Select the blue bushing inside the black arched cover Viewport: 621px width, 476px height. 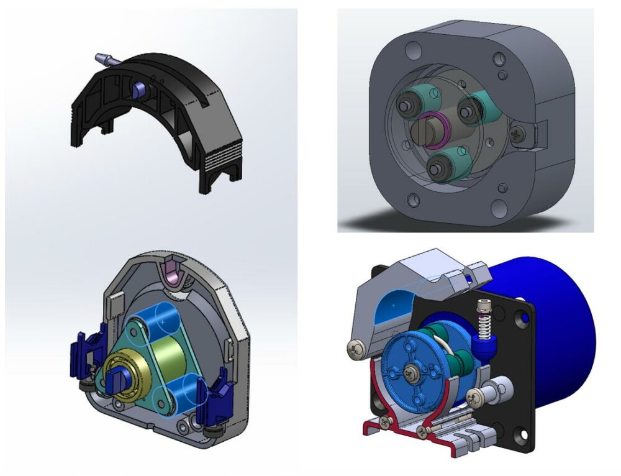tap(138, 89)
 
